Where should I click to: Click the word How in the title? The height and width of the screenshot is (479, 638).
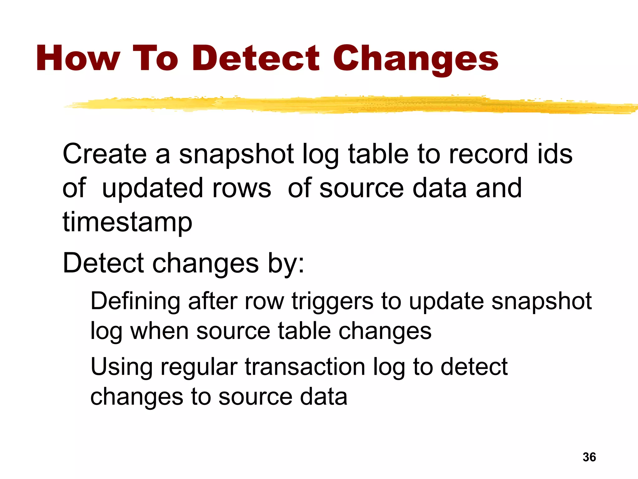tap(78, 58)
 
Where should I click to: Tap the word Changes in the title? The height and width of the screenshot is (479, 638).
tap(416, 59)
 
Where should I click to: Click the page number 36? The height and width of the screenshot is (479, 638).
tap(589, 457)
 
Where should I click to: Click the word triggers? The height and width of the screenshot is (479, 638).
tap(332, 302)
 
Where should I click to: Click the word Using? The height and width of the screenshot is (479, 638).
tap(121, 367)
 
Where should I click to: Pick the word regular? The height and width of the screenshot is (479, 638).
tap(199, 367)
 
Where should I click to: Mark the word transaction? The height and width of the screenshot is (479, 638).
tap(305, 367)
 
